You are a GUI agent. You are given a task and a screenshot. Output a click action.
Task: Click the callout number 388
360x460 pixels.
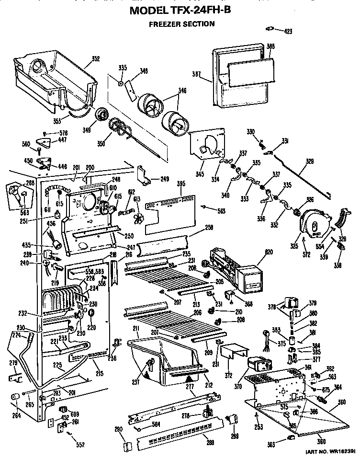(270, 46)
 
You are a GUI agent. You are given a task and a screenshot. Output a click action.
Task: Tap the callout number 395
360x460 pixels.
(180, 184)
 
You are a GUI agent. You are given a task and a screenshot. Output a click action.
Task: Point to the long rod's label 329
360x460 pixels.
(310, 162)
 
